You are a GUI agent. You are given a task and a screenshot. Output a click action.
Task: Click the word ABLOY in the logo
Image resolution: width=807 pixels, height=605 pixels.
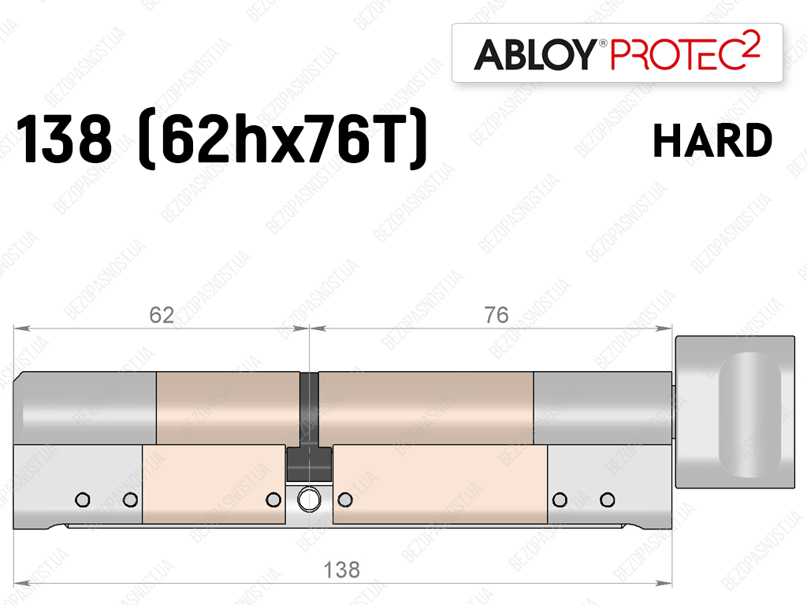pos(535,54)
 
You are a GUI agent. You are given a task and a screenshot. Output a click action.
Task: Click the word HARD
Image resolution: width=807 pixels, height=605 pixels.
pos(712,140)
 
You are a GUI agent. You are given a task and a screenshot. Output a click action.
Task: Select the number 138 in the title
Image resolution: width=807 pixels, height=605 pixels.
pos(65,139)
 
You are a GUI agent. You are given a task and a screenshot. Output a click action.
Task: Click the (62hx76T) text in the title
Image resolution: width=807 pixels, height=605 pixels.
pos(283,139)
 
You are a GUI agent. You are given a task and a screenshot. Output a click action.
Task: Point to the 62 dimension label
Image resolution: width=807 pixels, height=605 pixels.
pos(162,315)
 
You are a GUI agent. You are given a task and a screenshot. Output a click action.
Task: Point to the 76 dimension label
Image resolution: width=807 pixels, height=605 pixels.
pos(496,315)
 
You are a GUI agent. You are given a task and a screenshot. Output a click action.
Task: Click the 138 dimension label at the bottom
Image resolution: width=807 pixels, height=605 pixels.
pos(342,570)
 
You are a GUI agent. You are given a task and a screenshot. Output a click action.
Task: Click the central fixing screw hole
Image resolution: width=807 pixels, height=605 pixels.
pos(309,499)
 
